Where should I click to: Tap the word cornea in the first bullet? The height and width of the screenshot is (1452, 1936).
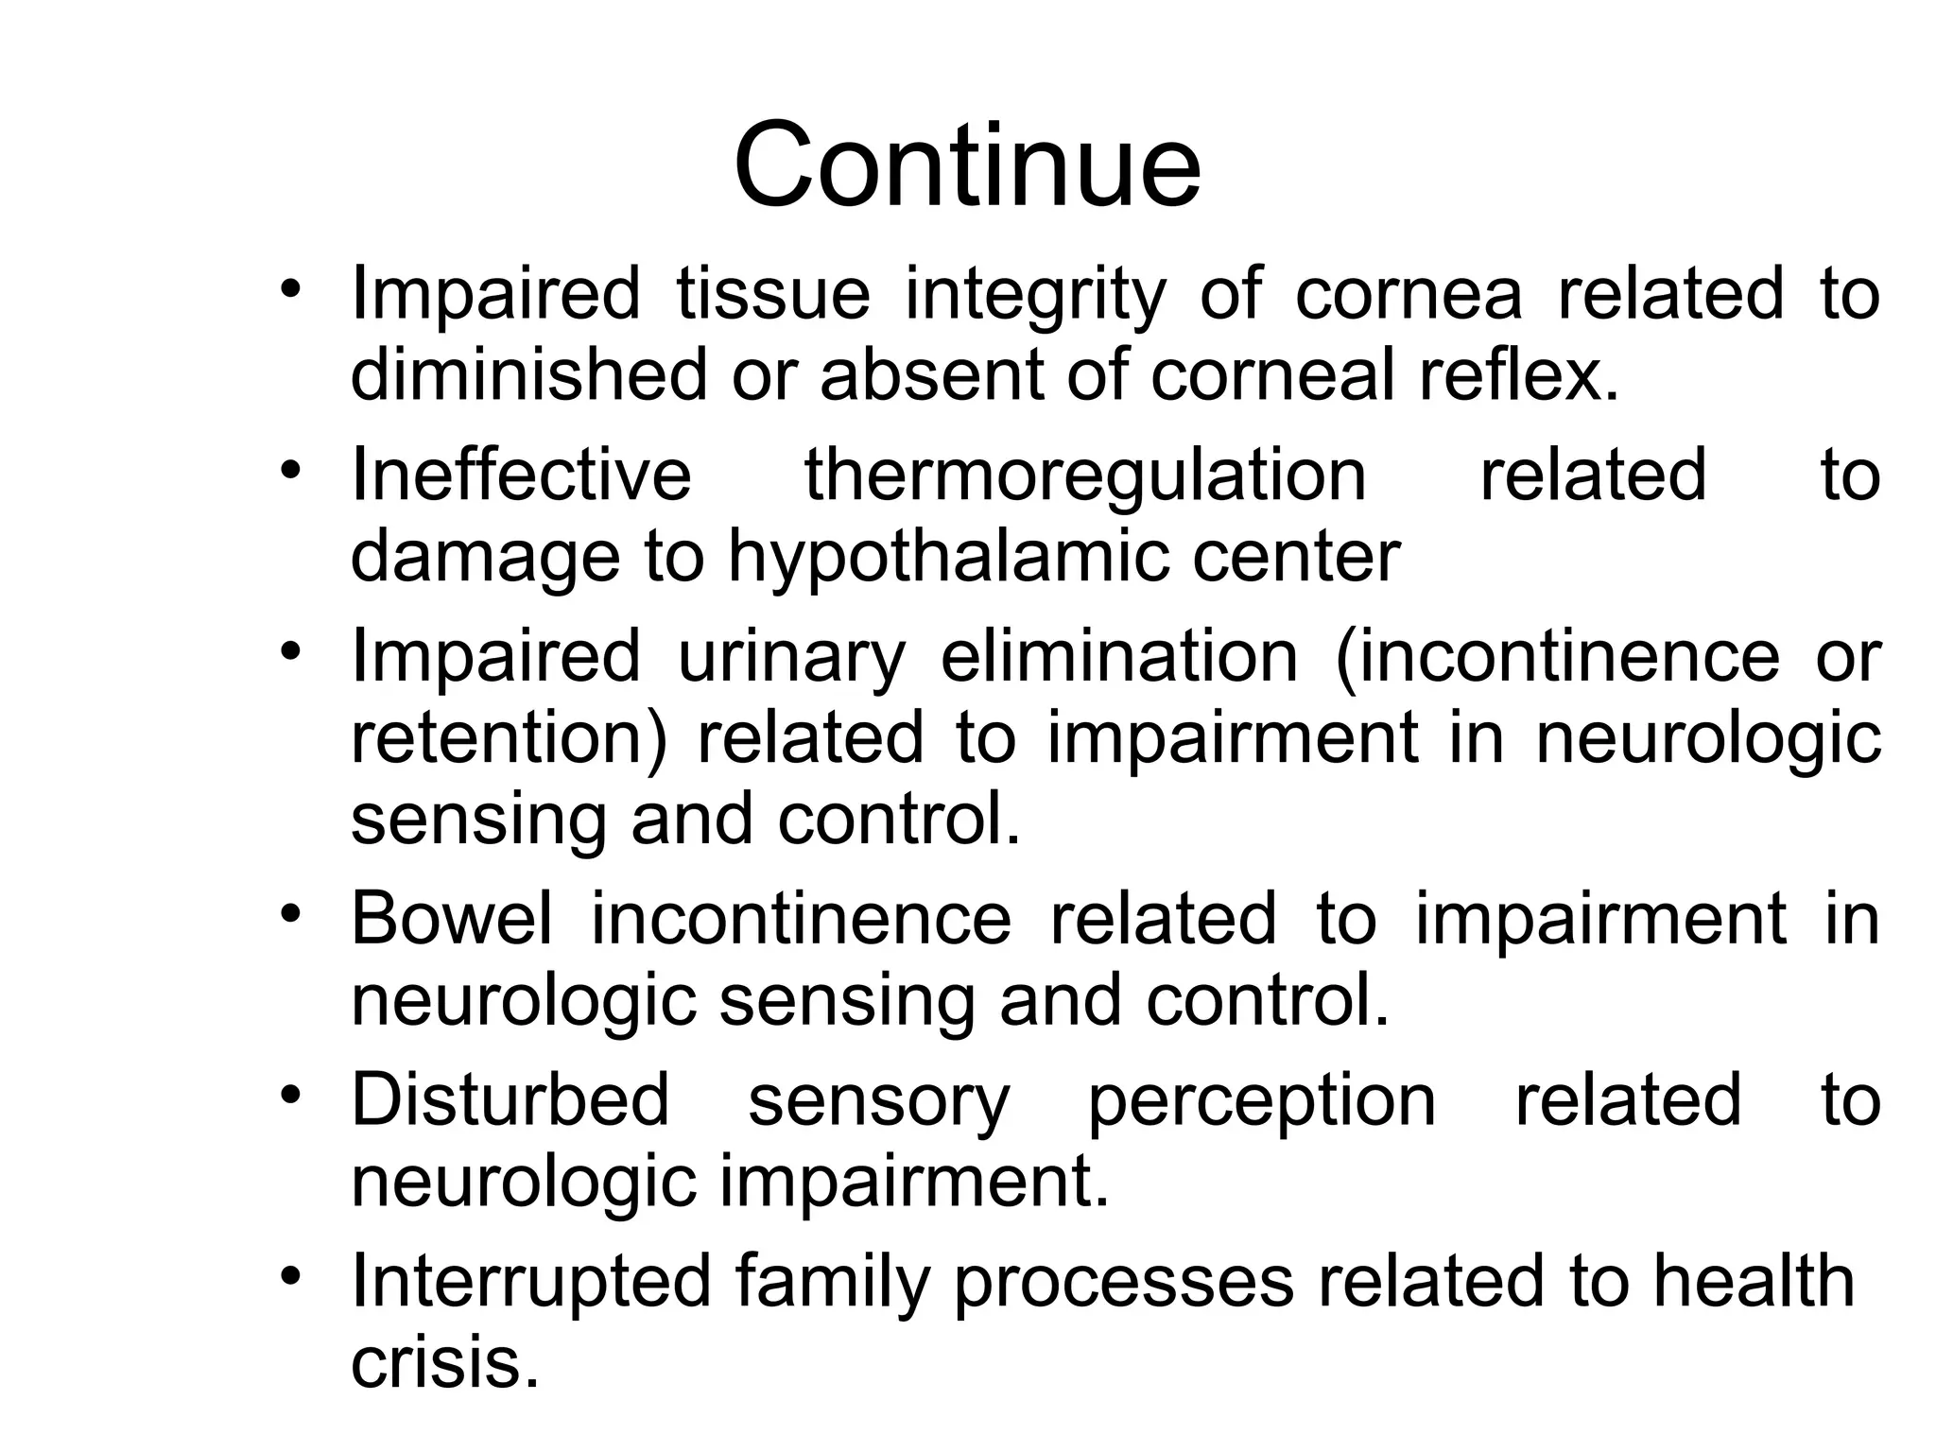(1408, 294)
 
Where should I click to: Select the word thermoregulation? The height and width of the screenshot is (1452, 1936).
(1084, 475)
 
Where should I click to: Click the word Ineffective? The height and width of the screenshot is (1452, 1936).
(521, 475)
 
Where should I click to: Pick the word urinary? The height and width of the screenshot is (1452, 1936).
(791, 657)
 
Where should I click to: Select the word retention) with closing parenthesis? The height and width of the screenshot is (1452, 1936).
(508, 738)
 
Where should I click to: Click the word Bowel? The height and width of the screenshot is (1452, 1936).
(451, 919)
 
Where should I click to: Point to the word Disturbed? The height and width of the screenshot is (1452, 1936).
(510, 1099)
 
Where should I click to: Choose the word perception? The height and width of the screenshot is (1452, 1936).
(1261, 1101)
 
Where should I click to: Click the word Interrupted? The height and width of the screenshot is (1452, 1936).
(530, 1282)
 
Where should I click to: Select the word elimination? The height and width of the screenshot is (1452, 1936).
(1119, 657)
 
